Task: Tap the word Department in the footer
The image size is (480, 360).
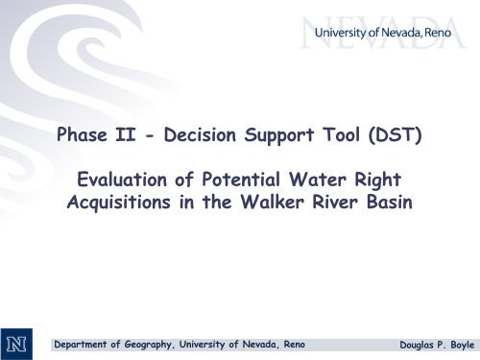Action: (85, 342)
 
